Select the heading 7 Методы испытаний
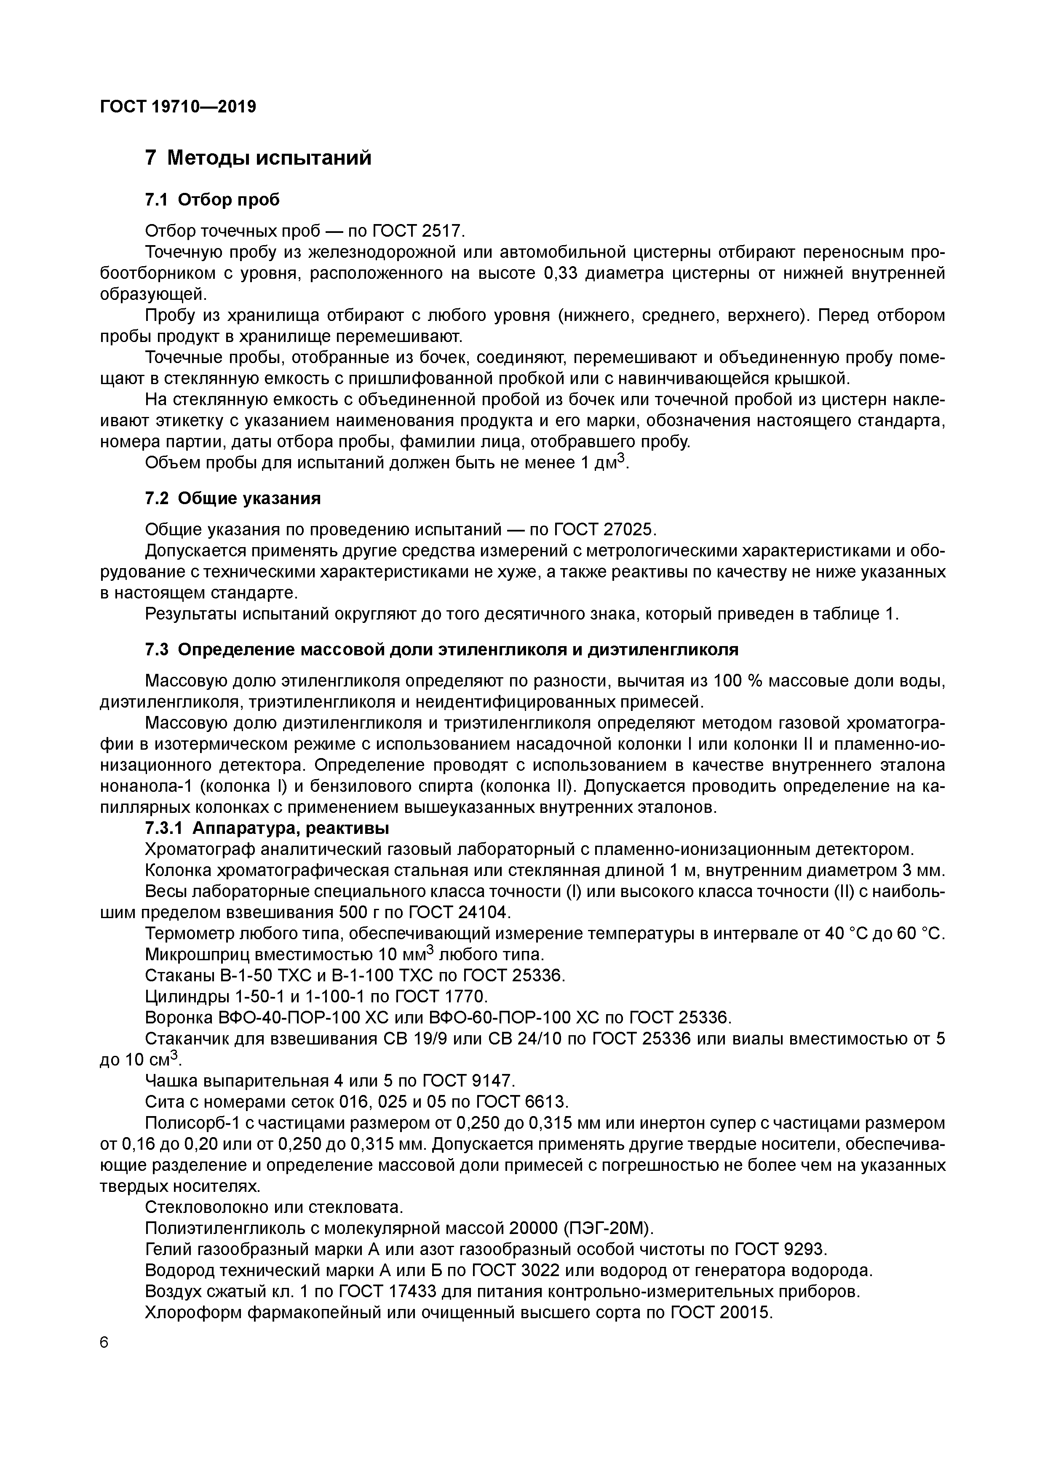coord(258,158)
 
